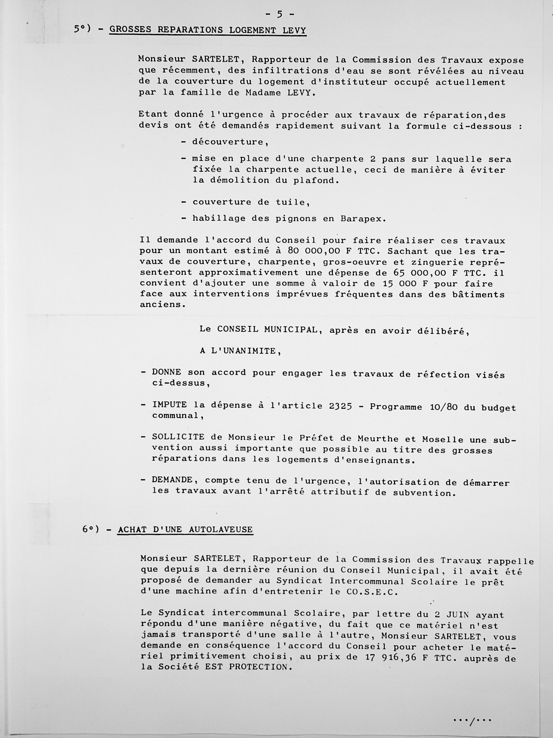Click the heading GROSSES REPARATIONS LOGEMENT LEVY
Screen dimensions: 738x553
(x=208, y=30)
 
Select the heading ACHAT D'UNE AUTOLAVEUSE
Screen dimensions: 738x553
(x=185, y=530)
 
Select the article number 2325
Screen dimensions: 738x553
(x=340, y=406)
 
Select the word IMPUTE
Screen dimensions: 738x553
(x=169, y=405)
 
